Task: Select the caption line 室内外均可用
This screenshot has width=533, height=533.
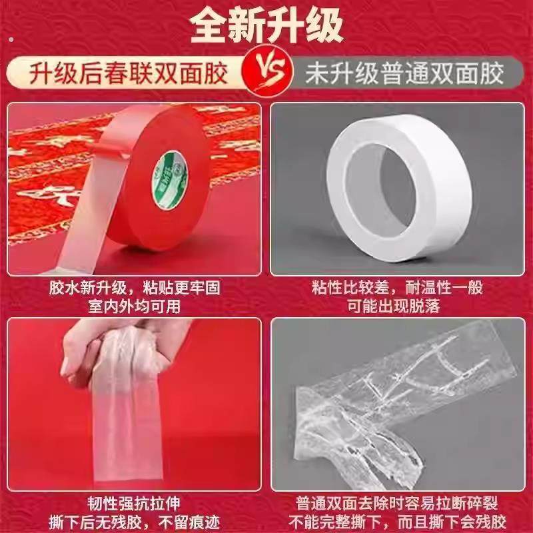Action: tap(133, 307)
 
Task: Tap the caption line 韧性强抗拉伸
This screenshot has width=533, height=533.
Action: tap(133, 501)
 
